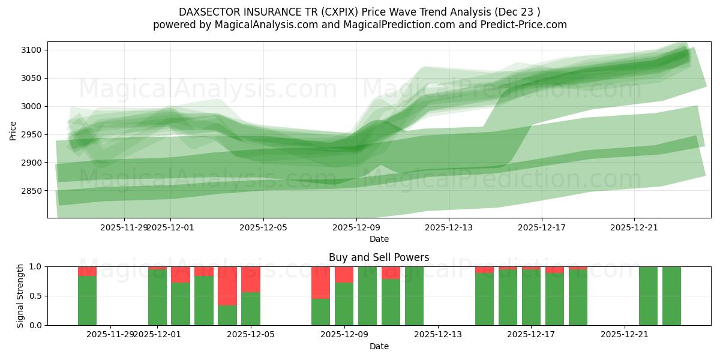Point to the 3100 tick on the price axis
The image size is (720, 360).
pos(32,50)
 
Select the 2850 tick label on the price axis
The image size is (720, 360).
pos(32,191)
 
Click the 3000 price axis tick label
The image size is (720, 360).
pos(32,106)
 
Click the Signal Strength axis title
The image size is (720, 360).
pos(20,296)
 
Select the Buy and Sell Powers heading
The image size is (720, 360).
pos(379,257)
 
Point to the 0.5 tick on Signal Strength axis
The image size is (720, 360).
pos(36,296)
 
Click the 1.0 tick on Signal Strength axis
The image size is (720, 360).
pos(36,266)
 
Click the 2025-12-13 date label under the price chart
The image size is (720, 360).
pos(449,227)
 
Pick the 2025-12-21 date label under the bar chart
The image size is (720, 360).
pos(625,335)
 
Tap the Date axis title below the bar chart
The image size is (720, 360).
pos(379,346)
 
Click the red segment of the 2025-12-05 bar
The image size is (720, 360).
pos(251,279)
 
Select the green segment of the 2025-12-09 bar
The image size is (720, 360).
pos(344,304)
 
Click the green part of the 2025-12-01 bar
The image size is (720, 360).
pos(157,298)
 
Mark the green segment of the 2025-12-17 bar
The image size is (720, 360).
pos(531,298)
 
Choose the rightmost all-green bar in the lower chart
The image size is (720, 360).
pos(671,296)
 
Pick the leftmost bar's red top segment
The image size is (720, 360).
pos(87,271)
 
